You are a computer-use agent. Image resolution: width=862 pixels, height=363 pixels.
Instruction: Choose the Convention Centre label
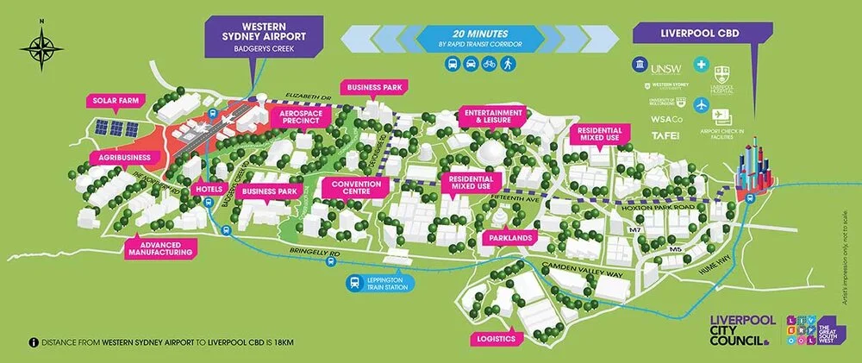(x=351, y=187)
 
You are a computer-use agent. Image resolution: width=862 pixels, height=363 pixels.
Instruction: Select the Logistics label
(x=497, y=339)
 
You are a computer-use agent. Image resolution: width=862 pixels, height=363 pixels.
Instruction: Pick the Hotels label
(x=213, y=189)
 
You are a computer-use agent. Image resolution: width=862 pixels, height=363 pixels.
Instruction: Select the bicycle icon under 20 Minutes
(x=490, y=64)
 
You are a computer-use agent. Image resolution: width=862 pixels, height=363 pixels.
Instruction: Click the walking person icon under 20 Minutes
(x=509, y=64)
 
